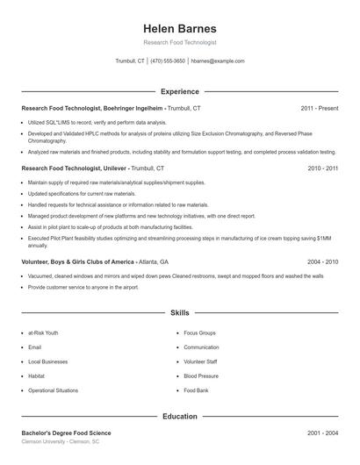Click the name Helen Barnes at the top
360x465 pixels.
pyautogui.click(x=179, y=28)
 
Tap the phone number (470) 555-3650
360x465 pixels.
pyautogui.click(x=168, y=61)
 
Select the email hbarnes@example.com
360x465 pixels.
pyautogui.click(x=218, y=61)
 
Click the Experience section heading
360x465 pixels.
pyautogui.click(x=180, y=91)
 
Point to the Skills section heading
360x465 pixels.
pyautogui.click(x=180, y=311)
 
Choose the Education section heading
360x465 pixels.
pyautogui.click(x=180, y=416)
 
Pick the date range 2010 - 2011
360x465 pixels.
pyautogui.click(x=323, y=167)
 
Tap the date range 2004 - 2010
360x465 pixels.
pyautogui.click(x=323, y=261)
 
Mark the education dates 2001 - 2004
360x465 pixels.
pyautogui.click(x=323, y=433)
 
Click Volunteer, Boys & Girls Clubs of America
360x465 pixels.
pyautogui.click(x=78, y=261)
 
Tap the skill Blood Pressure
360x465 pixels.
pyautogui.click(x=201, y=376)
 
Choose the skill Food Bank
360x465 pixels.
pyautogui.click(x=197, y=390)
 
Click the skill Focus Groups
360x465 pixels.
pyautogui.click(x=200, y=333)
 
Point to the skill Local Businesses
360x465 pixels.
pyautogui.click(x=47, y=361)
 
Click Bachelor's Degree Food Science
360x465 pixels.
pyautogui.click(x=67, y=433)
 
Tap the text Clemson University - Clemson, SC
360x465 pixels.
pyautogui.click(x=61, y=442)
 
